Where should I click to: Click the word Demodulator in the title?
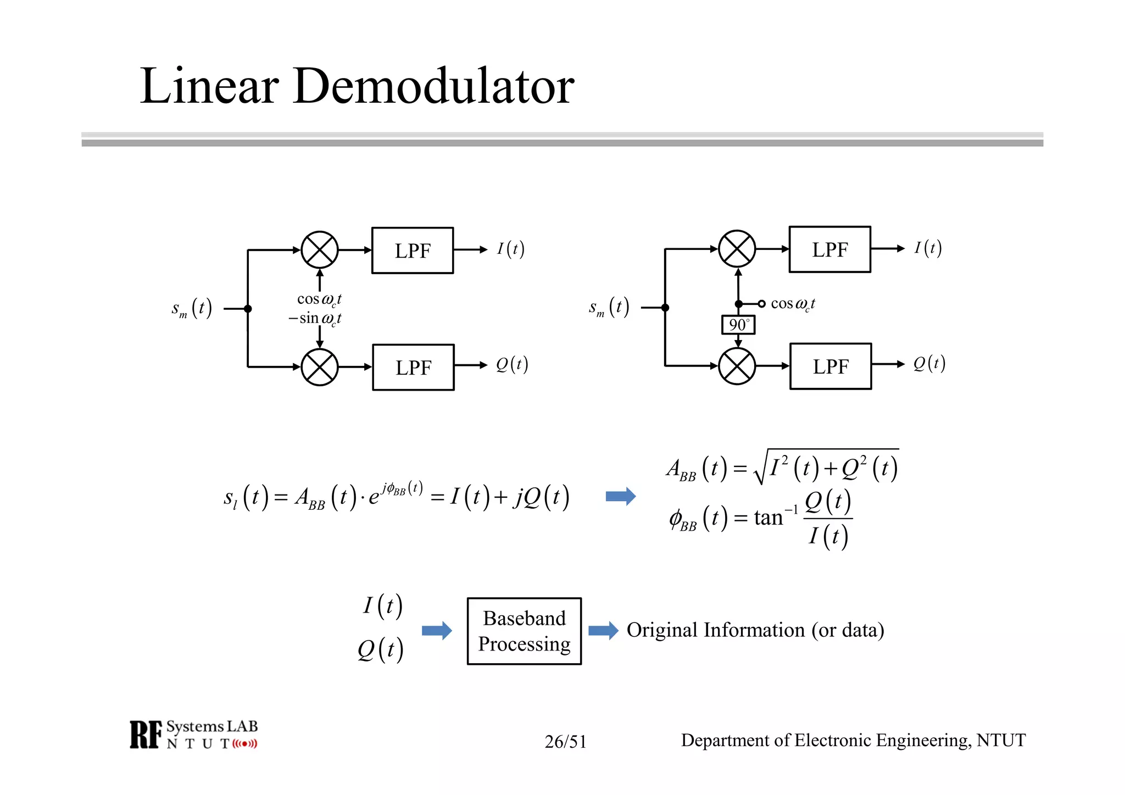[434, 86]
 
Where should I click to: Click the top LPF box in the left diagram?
[413, 251]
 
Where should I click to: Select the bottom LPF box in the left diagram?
[413, 368]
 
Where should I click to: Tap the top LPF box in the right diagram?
[829, 249]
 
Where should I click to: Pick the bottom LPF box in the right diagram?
[831, 366]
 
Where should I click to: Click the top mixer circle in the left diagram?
[320, 250]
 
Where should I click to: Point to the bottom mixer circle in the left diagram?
[320, 367]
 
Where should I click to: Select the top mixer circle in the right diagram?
[737, 249]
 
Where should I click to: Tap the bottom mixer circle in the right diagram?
[737, 366]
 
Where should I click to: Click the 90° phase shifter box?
[738, 325]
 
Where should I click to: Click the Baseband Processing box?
[524, 631]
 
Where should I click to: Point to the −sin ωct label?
[315, 319]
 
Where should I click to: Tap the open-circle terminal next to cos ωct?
[761, 304]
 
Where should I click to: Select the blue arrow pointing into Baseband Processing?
[437, 630]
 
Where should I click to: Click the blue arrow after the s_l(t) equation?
[620, 497]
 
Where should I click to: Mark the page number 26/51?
[565, 742]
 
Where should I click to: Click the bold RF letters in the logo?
[146, 735]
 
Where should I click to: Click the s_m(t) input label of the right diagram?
[609, 308]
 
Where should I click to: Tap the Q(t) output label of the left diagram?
[511, 364]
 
